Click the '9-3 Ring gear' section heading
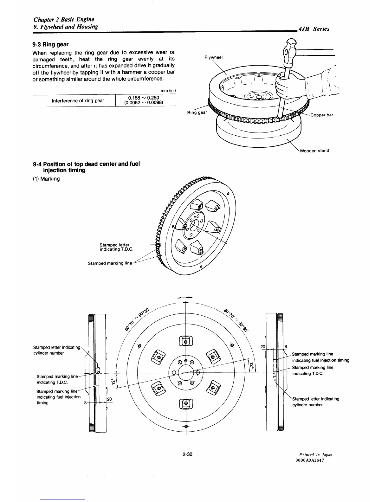(51, 45)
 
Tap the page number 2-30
(188, 454)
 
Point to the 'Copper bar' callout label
(322, 115)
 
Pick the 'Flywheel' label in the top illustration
(214, 57)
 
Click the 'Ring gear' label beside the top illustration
(197, 113)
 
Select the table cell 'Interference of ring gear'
(78, 101)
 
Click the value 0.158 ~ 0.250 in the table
(143, 98)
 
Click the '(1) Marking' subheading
(46, 179)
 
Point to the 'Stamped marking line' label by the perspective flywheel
(110, 263)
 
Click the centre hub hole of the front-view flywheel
(186, 372)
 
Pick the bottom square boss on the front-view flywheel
(186, 403)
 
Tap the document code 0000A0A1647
(310, 460)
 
